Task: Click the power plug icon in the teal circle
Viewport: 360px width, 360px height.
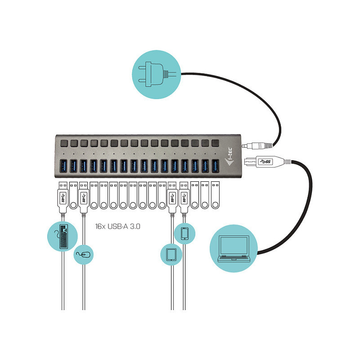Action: [156, 74]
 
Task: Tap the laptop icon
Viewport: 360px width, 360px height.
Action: [234, 249]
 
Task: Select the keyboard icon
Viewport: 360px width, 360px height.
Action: [63, 237]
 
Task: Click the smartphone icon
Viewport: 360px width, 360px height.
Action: [185, 234]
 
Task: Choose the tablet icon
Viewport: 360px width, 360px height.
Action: [171, 255]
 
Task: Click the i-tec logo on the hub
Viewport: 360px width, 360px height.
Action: [229, 157]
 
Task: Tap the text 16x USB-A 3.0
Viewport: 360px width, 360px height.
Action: [117, 226]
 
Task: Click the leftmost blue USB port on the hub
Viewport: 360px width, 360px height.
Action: [63, 166]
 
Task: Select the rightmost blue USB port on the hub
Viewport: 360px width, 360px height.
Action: [215, 166]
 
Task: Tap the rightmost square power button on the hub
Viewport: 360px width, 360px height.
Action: [215, 143]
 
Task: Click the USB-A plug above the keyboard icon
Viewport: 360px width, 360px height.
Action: [63, 198]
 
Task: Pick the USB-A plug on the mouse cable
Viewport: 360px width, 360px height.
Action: [84, 198]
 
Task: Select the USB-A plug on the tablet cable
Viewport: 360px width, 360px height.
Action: [172, 198]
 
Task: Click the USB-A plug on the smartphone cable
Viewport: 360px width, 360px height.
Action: [184, 198]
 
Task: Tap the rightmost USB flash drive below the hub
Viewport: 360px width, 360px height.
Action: [215, 195]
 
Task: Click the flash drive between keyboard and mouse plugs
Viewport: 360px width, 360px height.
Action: [73, 195]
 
